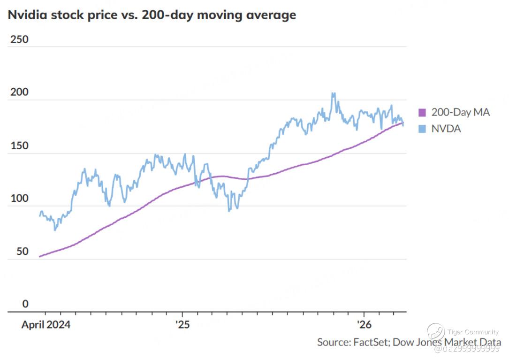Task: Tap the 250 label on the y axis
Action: tap(19, 39)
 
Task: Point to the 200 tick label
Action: tap(19, 92)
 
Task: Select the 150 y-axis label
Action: tap(19, 146)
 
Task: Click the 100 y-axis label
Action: tap(19, 199)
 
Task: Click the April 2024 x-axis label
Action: tap(46, 325)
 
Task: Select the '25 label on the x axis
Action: tap(182, 325)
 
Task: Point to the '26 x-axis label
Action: tap(365, 325)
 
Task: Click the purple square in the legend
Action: tap(422, 113)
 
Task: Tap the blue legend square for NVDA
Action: tap(422, 128)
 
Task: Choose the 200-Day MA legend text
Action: tap(460, 113)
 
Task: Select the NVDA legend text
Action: tap(446, 128)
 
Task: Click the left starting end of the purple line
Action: tap(40, 257)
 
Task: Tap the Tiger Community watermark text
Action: tap(473, 332)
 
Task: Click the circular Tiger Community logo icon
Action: tap(436, 332)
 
